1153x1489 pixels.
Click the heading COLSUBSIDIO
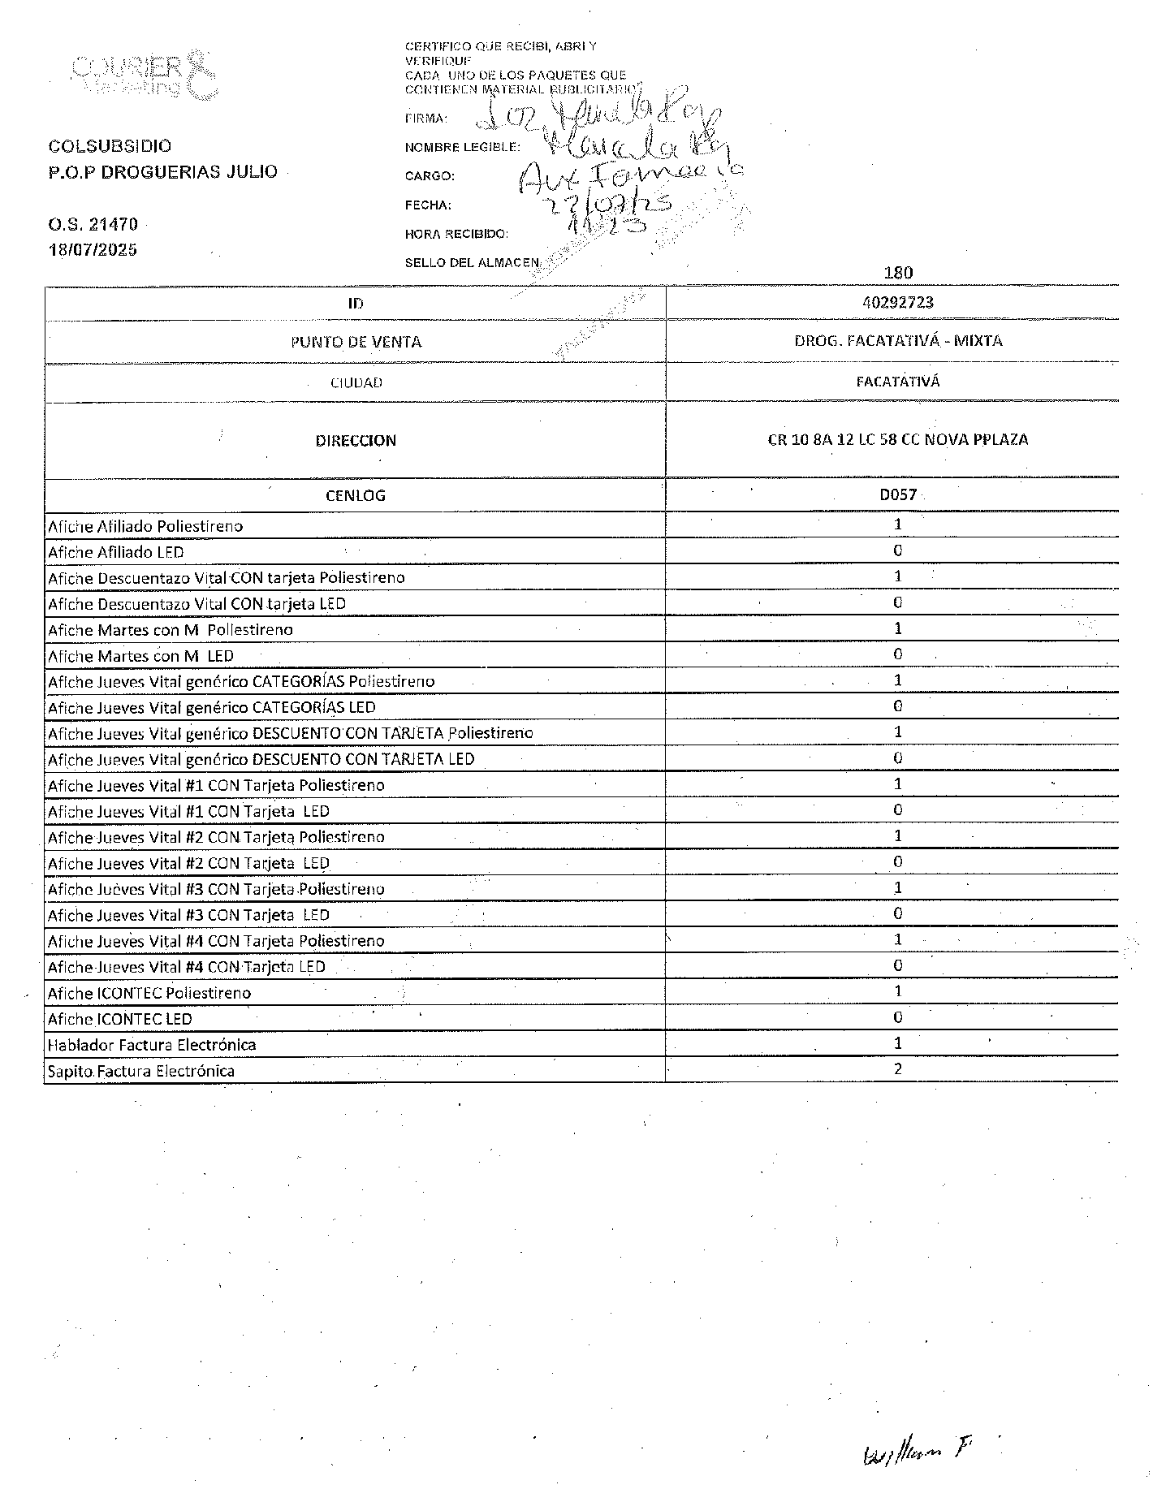click(110, 146)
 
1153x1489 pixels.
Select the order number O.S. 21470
click(92, 224)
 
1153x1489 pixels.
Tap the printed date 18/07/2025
click(92, 249)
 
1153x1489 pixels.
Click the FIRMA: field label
click(425, 119)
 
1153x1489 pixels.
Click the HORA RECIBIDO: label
click(456, 234)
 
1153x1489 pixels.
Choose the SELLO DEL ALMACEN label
click(472, 262)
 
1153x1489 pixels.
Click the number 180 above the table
click(898, 273)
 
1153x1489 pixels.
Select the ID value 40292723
click(898, 302)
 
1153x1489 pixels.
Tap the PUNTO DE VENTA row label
click(356, 342)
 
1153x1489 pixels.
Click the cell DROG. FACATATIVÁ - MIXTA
click(898, 341)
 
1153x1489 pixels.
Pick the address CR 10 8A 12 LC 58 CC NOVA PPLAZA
click(898, 440)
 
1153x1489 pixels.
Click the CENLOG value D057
click(898, 494)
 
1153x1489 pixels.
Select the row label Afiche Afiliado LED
click(116, 552)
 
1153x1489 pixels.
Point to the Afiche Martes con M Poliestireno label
click(171, 630)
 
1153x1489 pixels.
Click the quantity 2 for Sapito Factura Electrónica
click(898, 1069)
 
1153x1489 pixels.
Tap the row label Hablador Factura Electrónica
click(152, 1045)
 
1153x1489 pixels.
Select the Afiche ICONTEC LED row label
click(120, 1019)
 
